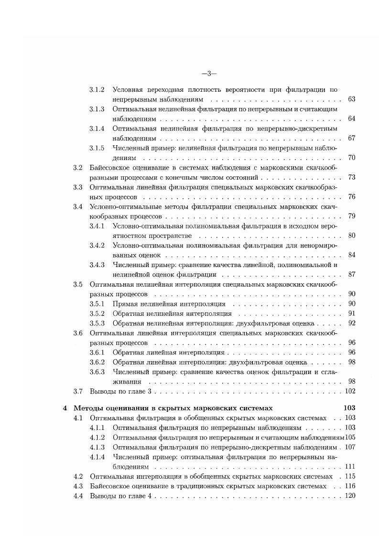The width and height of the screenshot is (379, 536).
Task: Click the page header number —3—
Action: coord(209,74)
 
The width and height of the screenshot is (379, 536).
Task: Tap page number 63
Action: coord(351,99)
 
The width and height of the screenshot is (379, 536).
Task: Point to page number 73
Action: coord(351,177)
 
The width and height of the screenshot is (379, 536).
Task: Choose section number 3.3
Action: coord(78,187)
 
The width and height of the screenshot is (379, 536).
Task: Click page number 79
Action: coord(351,216)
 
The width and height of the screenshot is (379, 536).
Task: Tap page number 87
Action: coord(351,274)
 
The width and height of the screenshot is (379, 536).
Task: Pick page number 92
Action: coord(351,323)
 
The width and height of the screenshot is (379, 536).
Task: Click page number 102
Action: coord(350,391)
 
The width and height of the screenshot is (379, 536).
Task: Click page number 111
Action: coord(350,466)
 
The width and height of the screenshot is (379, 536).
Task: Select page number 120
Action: coord(350,496)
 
